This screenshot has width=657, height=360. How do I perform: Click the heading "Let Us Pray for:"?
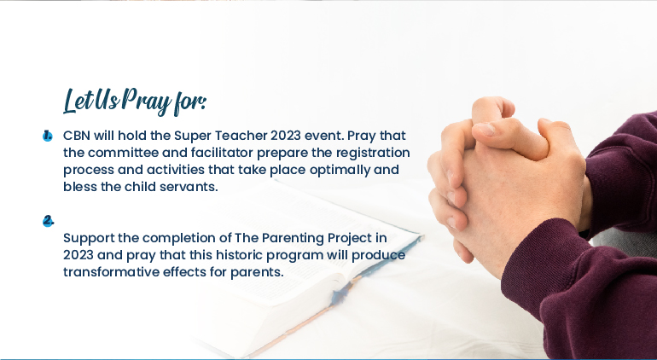[135, 102]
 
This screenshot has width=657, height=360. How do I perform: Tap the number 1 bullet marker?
[47, 136]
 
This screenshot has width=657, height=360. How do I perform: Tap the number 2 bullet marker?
[48, 221]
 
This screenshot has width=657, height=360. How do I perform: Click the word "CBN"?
[77, 136]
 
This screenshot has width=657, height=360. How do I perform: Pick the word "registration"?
[373, 153]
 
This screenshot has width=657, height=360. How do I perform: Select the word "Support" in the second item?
[89, 239]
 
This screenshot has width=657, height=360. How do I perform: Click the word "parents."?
[257, 273]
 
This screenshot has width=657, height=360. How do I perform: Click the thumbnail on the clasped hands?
[485, 129]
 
